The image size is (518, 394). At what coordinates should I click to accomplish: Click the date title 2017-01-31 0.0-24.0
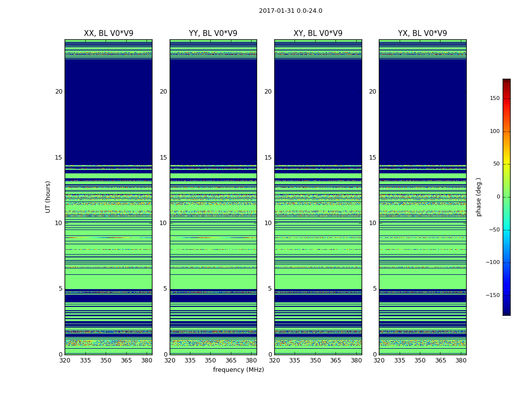tap(291, 11)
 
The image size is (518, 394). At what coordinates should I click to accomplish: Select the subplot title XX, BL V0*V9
tap(109, 33)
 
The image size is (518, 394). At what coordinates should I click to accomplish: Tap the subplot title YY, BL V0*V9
tap(213, 33)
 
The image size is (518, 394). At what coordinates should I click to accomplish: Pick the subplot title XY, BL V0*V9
tap(318, 33)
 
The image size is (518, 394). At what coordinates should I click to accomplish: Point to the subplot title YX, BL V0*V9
tap(422, 33)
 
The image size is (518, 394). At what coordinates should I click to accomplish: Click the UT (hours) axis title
tap(48, 197)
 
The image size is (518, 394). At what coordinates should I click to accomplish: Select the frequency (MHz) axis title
tap(238, 370)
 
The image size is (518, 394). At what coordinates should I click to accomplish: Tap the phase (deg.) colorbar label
tap(479, 197)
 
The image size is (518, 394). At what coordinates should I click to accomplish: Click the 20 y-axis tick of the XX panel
tap(59, 92)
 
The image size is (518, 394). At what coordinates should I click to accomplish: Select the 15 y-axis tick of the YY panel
tap(163, 158)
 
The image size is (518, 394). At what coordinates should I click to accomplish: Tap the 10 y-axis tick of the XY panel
tap(268, 223)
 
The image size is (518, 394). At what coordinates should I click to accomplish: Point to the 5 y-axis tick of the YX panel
tap(374, 289)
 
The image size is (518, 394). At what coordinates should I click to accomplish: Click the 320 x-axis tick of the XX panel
tap(65, 361)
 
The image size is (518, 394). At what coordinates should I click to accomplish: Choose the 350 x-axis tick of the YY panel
tap(211, 361)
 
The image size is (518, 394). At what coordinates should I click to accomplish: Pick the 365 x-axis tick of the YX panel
tap(441, 361)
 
